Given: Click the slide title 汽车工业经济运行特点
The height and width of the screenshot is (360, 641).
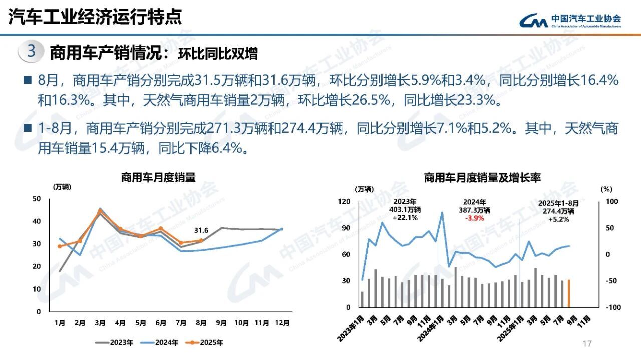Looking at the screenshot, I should pos(95,17).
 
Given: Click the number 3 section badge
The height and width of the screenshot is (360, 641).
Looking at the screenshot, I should pos(31,52).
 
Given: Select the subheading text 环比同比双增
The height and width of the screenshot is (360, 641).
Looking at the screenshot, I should pos(218,53).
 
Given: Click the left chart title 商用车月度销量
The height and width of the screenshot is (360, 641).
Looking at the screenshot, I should pos(158,177).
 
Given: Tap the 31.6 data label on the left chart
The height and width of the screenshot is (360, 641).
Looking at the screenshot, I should pos(201,230).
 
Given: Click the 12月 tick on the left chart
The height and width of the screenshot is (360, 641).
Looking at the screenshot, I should pos(282,323).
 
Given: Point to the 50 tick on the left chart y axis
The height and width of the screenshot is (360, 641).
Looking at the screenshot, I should pos(36,199).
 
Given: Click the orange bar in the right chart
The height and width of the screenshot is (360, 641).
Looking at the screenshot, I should pos(568,293).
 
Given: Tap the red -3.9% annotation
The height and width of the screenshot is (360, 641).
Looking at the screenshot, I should pos(474,218).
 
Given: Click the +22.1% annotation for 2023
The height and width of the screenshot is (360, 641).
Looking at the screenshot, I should pos(405,218).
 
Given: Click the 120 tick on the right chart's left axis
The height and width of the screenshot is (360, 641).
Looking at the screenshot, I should pos(344,201).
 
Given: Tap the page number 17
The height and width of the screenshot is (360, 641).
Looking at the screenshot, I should pos(587,343).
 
